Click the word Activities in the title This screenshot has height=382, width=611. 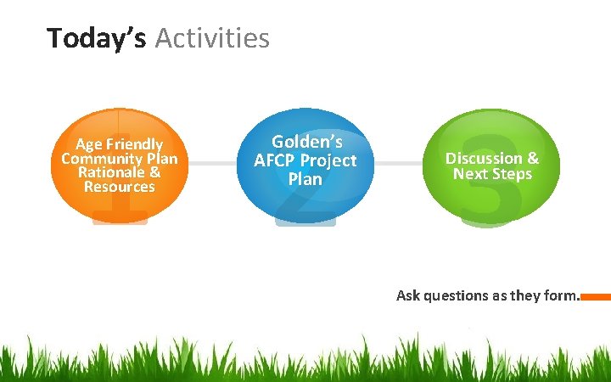(212, 38)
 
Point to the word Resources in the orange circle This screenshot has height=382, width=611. (120, 187)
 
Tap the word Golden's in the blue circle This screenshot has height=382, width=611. (306, 142)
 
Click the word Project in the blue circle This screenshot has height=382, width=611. (328, 160)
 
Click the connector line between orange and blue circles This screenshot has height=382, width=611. (212, 161)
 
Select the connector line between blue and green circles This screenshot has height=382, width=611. (398, 161)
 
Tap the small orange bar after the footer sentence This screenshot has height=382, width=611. (596, 297)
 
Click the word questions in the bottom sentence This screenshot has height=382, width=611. (453, 296)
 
